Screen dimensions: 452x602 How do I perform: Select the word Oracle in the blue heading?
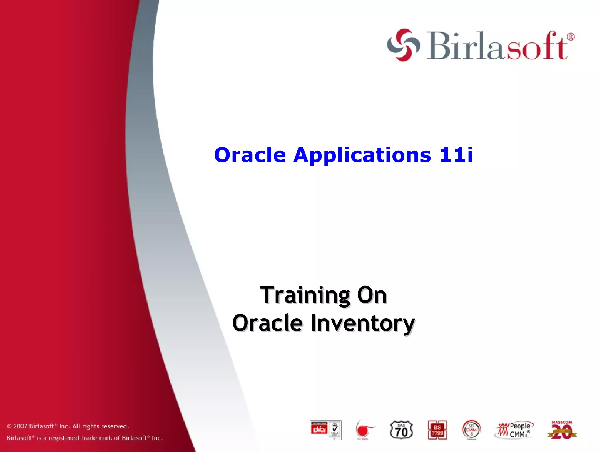coord(250,155)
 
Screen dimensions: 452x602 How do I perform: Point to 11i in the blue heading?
coord(456,155)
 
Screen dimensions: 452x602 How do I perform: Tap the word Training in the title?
coord(305,295)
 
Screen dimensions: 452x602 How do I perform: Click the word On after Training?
coord(372,295)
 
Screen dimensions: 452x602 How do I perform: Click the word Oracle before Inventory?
coord(267,323)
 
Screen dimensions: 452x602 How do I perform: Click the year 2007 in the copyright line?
coord(20,426)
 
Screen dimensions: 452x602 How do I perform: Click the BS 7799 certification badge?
coord(437,430)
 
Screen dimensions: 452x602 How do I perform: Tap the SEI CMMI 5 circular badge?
coord(471,430)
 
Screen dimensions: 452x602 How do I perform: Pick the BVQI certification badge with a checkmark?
coord(325,430)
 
